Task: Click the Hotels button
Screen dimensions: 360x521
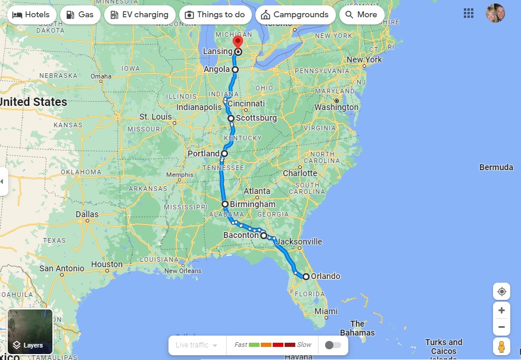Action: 31,15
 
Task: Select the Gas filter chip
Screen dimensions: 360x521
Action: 79,15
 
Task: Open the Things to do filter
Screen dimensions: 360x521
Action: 214,15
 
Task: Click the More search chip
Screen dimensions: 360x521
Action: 361,15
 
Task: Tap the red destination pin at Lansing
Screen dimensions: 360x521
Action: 238,42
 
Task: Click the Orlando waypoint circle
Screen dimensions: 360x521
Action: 306,277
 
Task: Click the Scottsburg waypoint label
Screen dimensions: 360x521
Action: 256,118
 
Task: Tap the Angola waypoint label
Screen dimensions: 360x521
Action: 217,70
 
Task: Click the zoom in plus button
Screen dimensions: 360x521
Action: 501,311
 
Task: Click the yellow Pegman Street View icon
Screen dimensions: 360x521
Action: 501,346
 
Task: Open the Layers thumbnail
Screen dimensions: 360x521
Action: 30,332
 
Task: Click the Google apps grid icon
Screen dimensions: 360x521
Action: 469,13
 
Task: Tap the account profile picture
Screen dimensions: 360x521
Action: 495,13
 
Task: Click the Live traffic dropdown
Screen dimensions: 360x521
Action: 197,345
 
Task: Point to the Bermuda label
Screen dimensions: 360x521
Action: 496,167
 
